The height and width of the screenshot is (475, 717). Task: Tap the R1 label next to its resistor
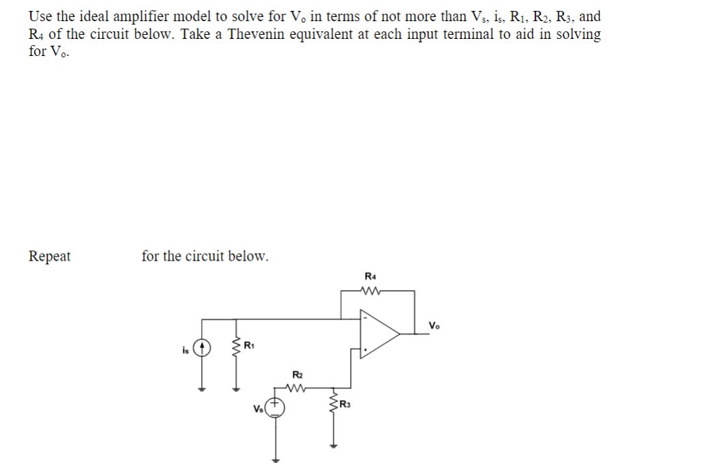pos(250,344)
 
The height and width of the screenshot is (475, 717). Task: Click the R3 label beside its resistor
pos(346,407)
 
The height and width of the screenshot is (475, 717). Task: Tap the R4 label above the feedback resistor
pos(370,276)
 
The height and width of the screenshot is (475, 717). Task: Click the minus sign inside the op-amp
pos(366,317)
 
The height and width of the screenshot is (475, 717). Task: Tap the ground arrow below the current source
pos(202,390)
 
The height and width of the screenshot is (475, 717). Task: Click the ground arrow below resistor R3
pos(334,447)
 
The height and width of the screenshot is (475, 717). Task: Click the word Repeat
pos(49,257)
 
